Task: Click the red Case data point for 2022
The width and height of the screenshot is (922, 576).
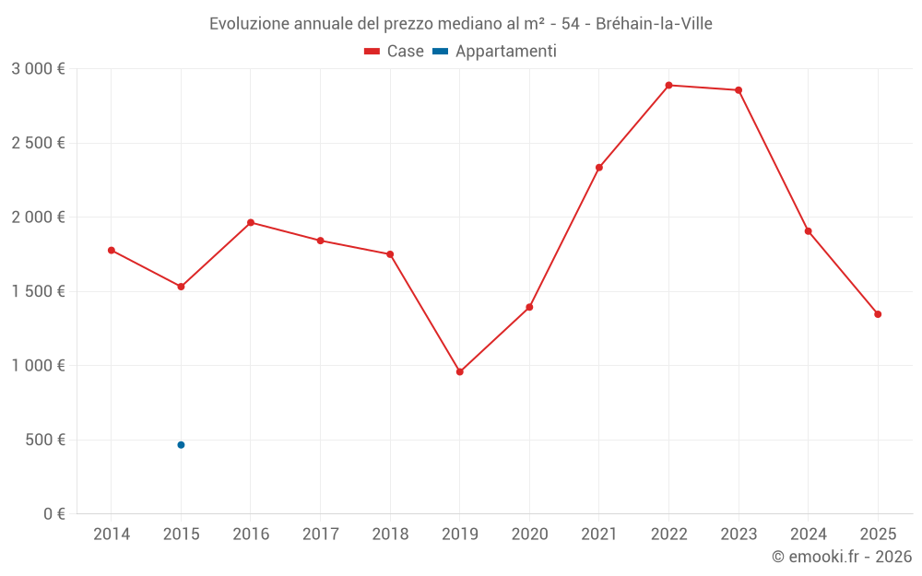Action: [x=668, y=85]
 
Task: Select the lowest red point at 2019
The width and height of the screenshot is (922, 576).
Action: [x=459, y=371]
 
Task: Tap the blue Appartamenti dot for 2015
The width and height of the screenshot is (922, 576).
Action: [x=181, y=445]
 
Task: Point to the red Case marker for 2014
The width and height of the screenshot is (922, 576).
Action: [x=112, y=250]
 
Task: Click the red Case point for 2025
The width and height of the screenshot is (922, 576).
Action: [x=878, y=314]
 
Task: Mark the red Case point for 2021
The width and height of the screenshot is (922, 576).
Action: [x=599, y=168]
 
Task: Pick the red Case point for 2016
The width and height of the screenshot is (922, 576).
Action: [x=251, y=222]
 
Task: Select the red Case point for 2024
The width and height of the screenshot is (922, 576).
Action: [x=808, y=231]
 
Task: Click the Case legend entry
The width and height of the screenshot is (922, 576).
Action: [x=395, y=52]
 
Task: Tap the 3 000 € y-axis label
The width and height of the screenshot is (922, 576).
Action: [x=38, y=69]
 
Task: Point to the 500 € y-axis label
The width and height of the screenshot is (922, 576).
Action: [x=43, y=440]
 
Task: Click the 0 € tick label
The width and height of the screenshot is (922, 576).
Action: [x=54, y=514]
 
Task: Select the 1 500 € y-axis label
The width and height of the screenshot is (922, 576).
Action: [x=38, y=291]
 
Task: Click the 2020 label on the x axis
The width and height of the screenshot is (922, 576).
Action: [x=529, y=535]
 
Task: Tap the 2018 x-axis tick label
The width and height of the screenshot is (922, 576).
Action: [x=390, y=535]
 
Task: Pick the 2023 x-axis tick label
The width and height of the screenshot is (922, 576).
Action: [x=739, y=535]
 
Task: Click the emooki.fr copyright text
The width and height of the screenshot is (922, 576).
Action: [x=841, y=557]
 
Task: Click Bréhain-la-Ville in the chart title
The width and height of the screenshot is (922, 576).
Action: [x=654, y=23]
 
